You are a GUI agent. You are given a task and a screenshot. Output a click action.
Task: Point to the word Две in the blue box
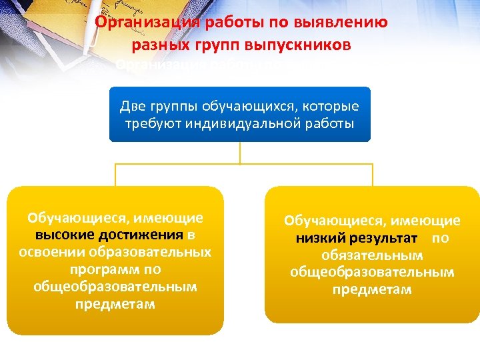(131, 106)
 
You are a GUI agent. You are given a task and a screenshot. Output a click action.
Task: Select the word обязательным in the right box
(372, 255)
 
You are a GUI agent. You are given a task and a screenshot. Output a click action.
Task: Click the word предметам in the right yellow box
(372, 290)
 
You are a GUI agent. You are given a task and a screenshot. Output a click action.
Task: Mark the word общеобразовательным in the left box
(115, 287)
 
